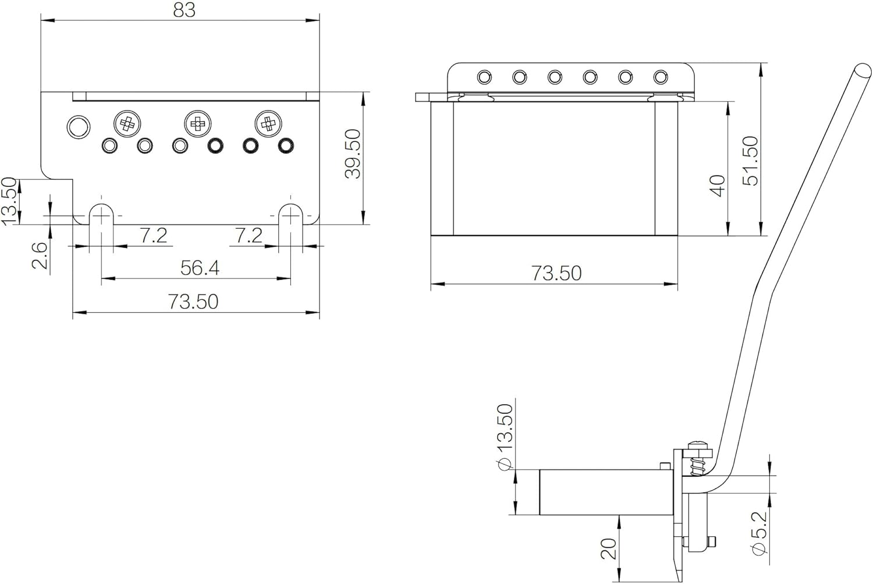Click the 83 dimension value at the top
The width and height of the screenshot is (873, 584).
(184, 10)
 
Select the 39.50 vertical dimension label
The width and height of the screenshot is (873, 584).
(354, 154)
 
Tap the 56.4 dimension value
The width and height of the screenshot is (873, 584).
(200, 267)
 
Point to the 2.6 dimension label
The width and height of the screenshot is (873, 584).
(40, 256)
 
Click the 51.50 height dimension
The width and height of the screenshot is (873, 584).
(750, 161)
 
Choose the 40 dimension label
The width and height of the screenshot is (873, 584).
(718, 186)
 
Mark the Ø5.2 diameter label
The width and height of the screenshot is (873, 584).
(759, 533)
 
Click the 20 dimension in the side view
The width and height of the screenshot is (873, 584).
(609, 549)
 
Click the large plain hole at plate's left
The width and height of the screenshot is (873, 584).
(79, 127)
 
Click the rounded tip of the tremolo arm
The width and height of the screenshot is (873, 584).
(862, 72)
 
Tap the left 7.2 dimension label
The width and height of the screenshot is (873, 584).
(153, 235)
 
